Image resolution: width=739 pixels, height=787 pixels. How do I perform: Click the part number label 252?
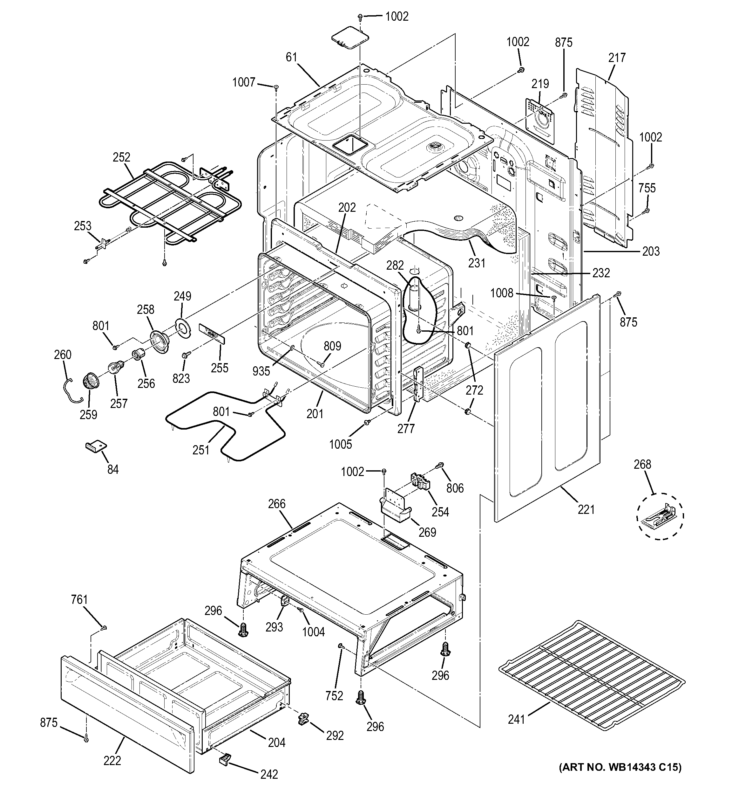(121, 157)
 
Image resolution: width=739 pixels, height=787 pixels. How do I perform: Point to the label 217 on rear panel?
(617, 58)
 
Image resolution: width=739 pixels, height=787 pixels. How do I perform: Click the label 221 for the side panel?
(586, 509)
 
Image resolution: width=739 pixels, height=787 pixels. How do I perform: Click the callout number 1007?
(244, 82)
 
